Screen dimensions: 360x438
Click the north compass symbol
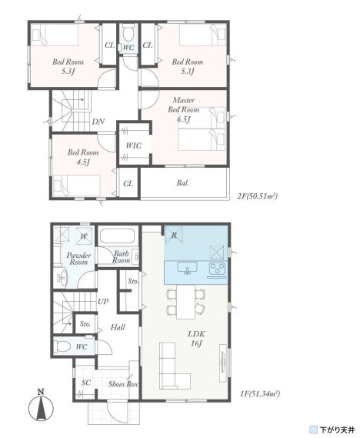(42, 406)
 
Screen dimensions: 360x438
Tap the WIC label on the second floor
(133, 145)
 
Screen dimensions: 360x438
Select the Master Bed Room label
(183, 109)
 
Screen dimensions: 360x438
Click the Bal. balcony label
(183, 183)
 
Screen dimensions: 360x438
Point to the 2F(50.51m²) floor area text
(257, 196)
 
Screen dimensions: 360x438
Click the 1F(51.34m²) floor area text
(259, 394)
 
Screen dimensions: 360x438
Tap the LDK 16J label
(196, 338)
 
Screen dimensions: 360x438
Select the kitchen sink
(188, 269)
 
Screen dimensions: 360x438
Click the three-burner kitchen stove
(217, 269)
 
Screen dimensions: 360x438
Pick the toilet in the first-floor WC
(62, 346)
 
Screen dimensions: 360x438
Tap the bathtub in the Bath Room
(117, 236)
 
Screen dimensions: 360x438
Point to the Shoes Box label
(123, 384)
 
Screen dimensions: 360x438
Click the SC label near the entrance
(85, 383)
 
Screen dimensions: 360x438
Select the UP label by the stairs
(103, 302)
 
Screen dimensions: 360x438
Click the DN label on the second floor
(98, 122)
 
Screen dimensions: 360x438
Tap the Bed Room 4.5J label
(83, 157)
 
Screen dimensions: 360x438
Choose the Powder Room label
(78, 259)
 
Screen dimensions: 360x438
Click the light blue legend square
(314, 429)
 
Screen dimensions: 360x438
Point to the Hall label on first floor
(118, 327)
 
